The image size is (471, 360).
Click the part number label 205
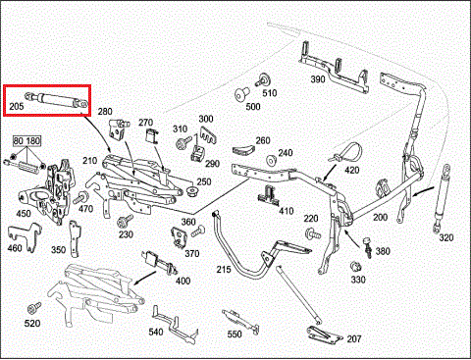tap(17, 106)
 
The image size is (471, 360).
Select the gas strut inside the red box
tap(57, 99)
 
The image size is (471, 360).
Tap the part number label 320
tap(446, 237)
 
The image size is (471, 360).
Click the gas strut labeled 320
tap(442, 198)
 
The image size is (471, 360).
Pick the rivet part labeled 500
tap(241, 94)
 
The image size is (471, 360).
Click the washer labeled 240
tap(272, 161)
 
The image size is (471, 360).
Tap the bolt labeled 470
tap(80, 198)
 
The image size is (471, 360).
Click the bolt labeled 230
tap(125, 221)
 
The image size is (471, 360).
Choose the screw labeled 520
tap(34, 308)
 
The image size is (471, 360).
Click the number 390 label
tap(318, 79)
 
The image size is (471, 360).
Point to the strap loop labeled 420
tap(346, 153)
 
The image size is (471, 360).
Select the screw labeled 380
tap(368, 247)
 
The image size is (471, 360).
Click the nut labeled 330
tap(355, 267)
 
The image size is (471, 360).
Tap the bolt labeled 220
tap(313, 234)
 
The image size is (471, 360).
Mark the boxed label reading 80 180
tap(26, 141)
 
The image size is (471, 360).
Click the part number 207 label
tap(354, 339)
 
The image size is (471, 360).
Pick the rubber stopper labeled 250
tap(192, 191)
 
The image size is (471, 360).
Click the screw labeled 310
tap(183, 143)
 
